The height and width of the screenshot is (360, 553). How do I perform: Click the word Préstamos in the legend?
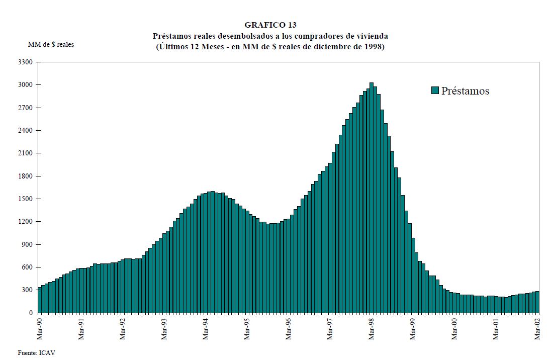[465, 91]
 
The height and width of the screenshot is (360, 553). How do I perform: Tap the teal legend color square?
[435, 91]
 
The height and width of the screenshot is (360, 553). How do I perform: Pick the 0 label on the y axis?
[31, 313]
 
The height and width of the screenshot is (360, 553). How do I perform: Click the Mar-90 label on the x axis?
[40, 328]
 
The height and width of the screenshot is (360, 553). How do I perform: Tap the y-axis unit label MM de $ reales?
[51, 45]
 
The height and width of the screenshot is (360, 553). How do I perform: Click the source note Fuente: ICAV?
[36, 353]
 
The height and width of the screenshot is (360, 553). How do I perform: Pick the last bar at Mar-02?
[537, 302]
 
